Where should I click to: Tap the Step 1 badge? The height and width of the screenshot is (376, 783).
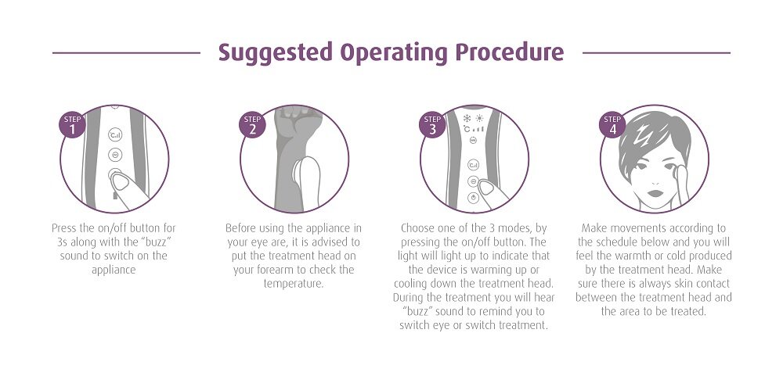tap(72, 125)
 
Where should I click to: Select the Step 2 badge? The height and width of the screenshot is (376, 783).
tap(252, 125)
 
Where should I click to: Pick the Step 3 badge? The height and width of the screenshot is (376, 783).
tap(432, 125)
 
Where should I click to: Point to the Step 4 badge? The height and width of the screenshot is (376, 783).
tap(612, 125)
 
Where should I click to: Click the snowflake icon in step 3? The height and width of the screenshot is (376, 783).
tap(467, 118)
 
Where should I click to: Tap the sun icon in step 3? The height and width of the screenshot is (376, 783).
tap(479, 118)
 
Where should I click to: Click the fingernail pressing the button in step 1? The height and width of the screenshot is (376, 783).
tap(121, 181)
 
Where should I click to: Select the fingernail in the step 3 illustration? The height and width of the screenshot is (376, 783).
tap(486, 187)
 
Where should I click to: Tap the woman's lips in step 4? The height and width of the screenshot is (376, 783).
tap(655, 194)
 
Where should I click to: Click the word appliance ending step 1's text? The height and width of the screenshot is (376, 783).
tap(114, 270)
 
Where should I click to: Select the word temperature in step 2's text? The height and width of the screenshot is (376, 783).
tap(293, 284)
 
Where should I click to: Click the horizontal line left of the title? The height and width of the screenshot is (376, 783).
tap(126, 53)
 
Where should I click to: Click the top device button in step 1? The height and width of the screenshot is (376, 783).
tap(115, 134)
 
